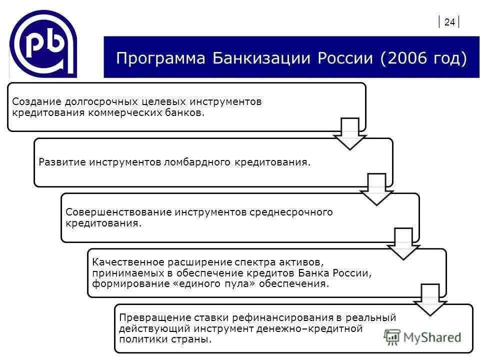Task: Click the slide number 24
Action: (x=449, y=22)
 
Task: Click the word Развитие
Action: (x=62, y=162)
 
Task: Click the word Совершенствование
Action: (x=118, y=212)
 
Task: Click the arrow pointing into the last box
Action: (x=429, y=299)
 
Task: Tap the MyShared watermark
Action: (x=423, y=337)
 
